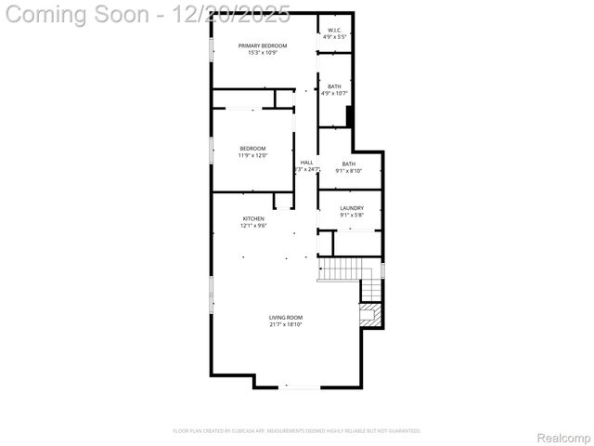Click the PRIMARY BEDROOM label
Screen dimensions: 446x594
[x=262, y=46]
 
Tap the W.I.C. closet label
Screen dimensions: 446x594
[x=335, y=30]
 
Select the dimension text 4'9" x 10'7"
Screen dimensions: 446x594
[x=334, y=93]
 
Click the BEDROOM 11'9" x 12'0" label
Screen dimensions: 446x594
[x=252, y=149]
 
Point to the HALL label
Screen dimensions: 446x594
[x=306, y=163]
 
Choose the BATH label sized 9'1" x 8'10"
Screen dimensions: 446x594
[x=348, y=164]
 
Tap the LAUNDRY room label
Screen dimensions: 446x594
[x=352, y=208]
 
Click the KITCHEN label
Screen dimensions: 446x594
[x=253, y=218]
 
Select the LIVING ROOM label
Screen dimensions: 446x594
[x=286, y=318]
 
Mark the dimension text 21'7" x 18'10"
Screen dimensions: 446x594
[x=286, y=325]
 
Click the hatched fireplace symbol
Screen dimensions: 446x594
[x=370, y=314]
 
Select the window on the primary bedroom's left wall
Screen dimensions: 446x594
[x=213, y=48]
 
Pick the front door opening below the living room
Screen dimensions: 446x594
[x=299, y=387]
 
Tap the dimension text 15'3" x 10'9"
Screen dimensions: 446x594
[x=262, y=53]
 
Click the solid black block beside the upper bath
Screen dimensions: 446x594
[x=350, y=116]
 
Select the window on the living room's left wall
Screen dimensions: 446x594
[x=213, y=296]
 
